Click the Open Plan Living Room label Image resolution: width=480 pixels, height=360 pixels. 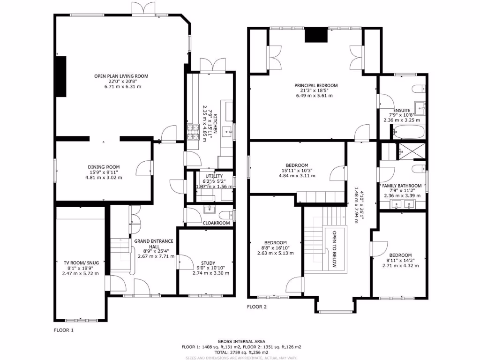coord(121,76)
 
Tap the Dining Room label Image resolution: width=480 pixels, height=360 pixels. coord(104,167)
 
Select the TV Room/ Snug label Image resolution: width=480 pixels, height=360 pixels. coord(80,263)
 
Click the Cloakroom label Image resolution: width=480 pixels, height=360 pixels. coord(216,223)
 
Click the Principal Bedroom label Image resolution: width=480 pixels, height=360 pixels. coord(316,85)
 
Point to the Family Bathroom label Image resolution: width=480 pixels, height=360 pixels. coord(403,186)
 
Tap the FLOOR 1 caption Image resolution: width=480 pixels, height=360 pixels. coord(64,330)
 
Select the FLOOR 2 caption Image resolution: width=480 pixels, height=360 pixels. coord(257,307)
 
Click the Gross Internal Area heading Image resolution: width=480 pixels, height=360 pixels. coord(241,341)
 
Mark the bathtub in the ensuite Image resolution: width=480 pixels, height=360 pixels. coord(408,132)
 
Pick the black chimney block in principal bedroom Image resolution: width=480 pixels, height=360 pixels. coord(315,36)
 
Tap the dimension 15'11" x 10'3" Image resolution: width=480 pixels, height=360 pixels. coord(297,171)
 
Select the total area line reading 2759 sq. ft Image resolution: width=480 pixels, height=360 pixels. coord(241,352)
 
